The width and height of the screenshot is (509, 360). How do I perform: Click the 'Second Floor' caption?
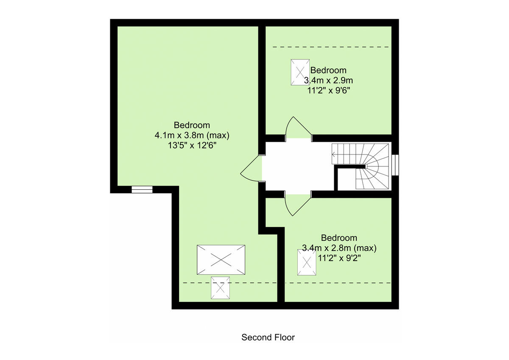(x=268, y=337)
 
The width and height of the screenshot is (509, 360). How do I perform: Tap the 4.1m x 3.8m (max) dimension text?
(x=192, y=135)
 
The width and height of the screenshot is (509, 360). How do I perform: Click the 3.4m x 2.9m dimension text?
(x=329, y=80)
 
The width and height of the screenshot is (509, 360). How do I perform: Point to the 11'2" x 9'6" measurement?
(x=329, y=90)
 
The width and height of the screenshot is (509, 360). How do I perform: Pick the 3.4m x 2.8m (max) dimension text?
(x=339, y=247)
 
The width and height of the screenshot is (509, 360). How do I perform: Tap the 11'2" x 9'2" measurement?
(x=339, y=257)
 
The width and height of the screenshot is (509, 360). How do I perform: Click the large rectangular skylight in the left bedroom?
(x=221, y=259)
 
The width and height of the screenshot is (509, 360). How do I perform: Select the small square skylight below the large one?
(x=221, y=288)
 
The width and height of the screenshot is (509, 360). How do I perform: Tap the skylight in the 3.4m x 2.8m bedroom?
(x=307, y=262)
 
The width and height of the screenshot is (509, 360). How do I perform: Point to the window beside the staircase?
(x=395, y=164)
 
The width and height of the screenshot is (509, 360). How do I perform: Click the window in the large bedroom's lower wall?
(x=142, y=189)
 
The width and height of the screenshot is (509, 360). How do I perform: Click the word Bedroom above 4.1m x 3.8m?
(x=192, y=125)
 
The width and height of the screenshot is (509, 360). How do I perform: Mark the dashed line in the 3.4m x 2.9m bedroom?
(x=331, y=47)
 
